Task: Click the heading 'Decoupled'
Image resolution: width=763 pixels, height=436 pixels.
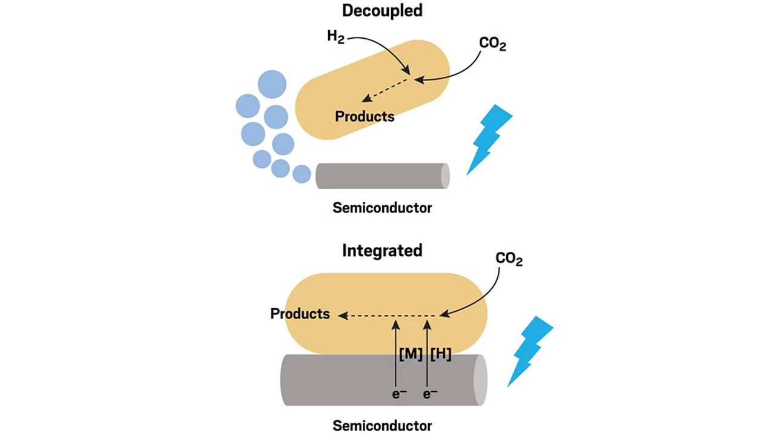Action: (382, 10)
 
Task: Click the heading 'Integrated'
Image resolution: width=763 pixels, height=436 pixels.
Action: (382, 250)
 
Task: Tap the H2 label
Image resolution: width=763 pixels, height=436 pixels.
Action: (335, 37)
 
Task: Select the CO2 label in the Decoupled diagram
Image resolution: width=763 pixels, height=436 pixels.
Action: (492, 44)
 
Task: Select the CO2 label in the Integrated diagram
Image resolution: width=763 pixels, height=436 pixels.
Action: (509, 259)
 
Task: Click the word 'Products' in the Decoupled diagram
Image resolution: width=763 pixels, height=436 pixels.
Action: (365, 116)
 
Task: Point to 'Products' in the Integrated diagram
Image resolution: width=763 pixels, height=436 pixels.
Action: (300, 314)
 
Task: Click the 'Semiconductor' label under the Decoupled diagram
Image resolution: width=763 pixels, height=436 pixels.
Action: (382, 208)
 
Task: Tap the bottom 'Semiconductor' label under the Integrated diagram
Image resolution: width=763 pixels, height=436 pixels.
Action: (382, 426)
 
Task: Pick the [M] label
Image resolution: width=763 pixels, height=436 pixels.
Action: (411, 354)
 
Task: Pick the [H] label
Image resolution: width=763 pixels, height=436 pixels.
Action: (440, 354)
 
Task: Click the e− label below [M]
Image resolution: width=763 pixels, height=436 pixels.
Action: (399, 394)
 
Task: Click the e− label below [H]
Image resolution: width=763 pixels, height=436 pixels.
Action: (430, 394)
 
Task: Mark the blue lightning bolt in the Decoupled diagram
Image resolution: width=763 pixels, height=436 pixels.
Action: (489, 138)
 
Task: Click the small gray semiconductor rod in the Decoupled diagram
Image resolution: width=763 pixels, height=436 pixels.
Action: (381, 176)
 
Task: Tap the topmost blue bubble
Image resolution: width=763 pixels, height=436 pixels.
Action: (272, 84)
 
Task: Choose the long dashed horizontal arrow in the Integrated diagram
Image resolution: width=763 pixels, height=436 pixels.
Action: (388, 315)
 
